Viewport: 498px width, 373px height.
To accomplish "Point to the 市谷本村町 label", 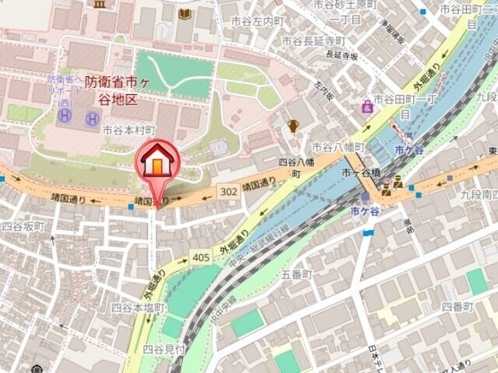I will point(128,130).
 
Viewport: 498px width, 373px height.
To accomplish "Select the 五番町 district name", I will point(296,275).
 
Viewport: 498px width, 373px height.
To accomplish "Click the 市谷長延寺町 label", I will point(313,40).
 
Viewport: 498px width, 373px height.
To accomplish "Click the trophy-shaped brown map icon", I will point(293,125).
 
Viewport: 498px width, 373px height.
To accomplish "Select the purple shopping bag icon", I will point(366,106).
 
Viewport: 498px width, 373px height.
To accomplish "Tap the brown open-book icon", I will point(184,13).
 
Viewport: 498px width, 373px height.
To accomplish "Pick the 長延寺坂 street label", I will point(342,54).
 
